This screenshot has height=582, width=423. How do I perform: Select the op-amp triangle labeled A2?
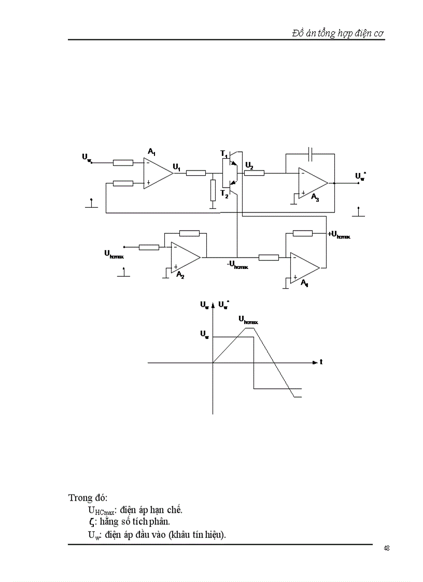click(x=185, y=257)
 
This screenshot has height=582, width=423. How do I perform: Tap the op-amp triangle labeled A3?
click(x=312, y=183)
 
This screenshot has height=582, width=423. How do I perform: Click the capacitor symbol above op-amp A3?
click(x=310, y=153)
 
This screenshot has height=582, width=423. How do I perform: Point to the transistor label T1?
click(x=224, y=154)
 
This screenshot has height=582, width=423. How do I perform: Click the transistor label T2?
click(x=224, y=193)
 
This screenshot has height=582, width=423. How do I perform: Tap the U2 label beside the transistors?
click(x=249, y=165)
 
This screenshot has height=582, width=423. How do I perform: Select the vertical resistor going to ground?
click(x=213, y=190)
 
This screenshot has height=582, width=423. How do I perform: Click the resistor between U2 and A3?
click(x=254, y=173)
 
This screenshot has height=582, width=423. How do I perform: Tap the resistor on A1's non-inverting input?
click(x=123, y=183)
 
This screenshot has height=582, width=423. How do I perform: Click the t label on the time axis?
click(x=321, y=362)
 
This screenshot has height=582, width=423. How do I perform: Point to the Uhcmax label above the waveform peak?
click(x=248, y=320)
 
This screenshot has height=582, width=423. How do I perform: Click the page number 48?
click(x=387, y=548)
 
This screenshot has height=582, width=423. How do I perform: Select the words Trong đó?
click(x=88, y=498)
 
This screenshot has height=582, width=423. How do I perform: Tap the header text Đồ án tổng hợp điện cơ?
click(x=337, y=33)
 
